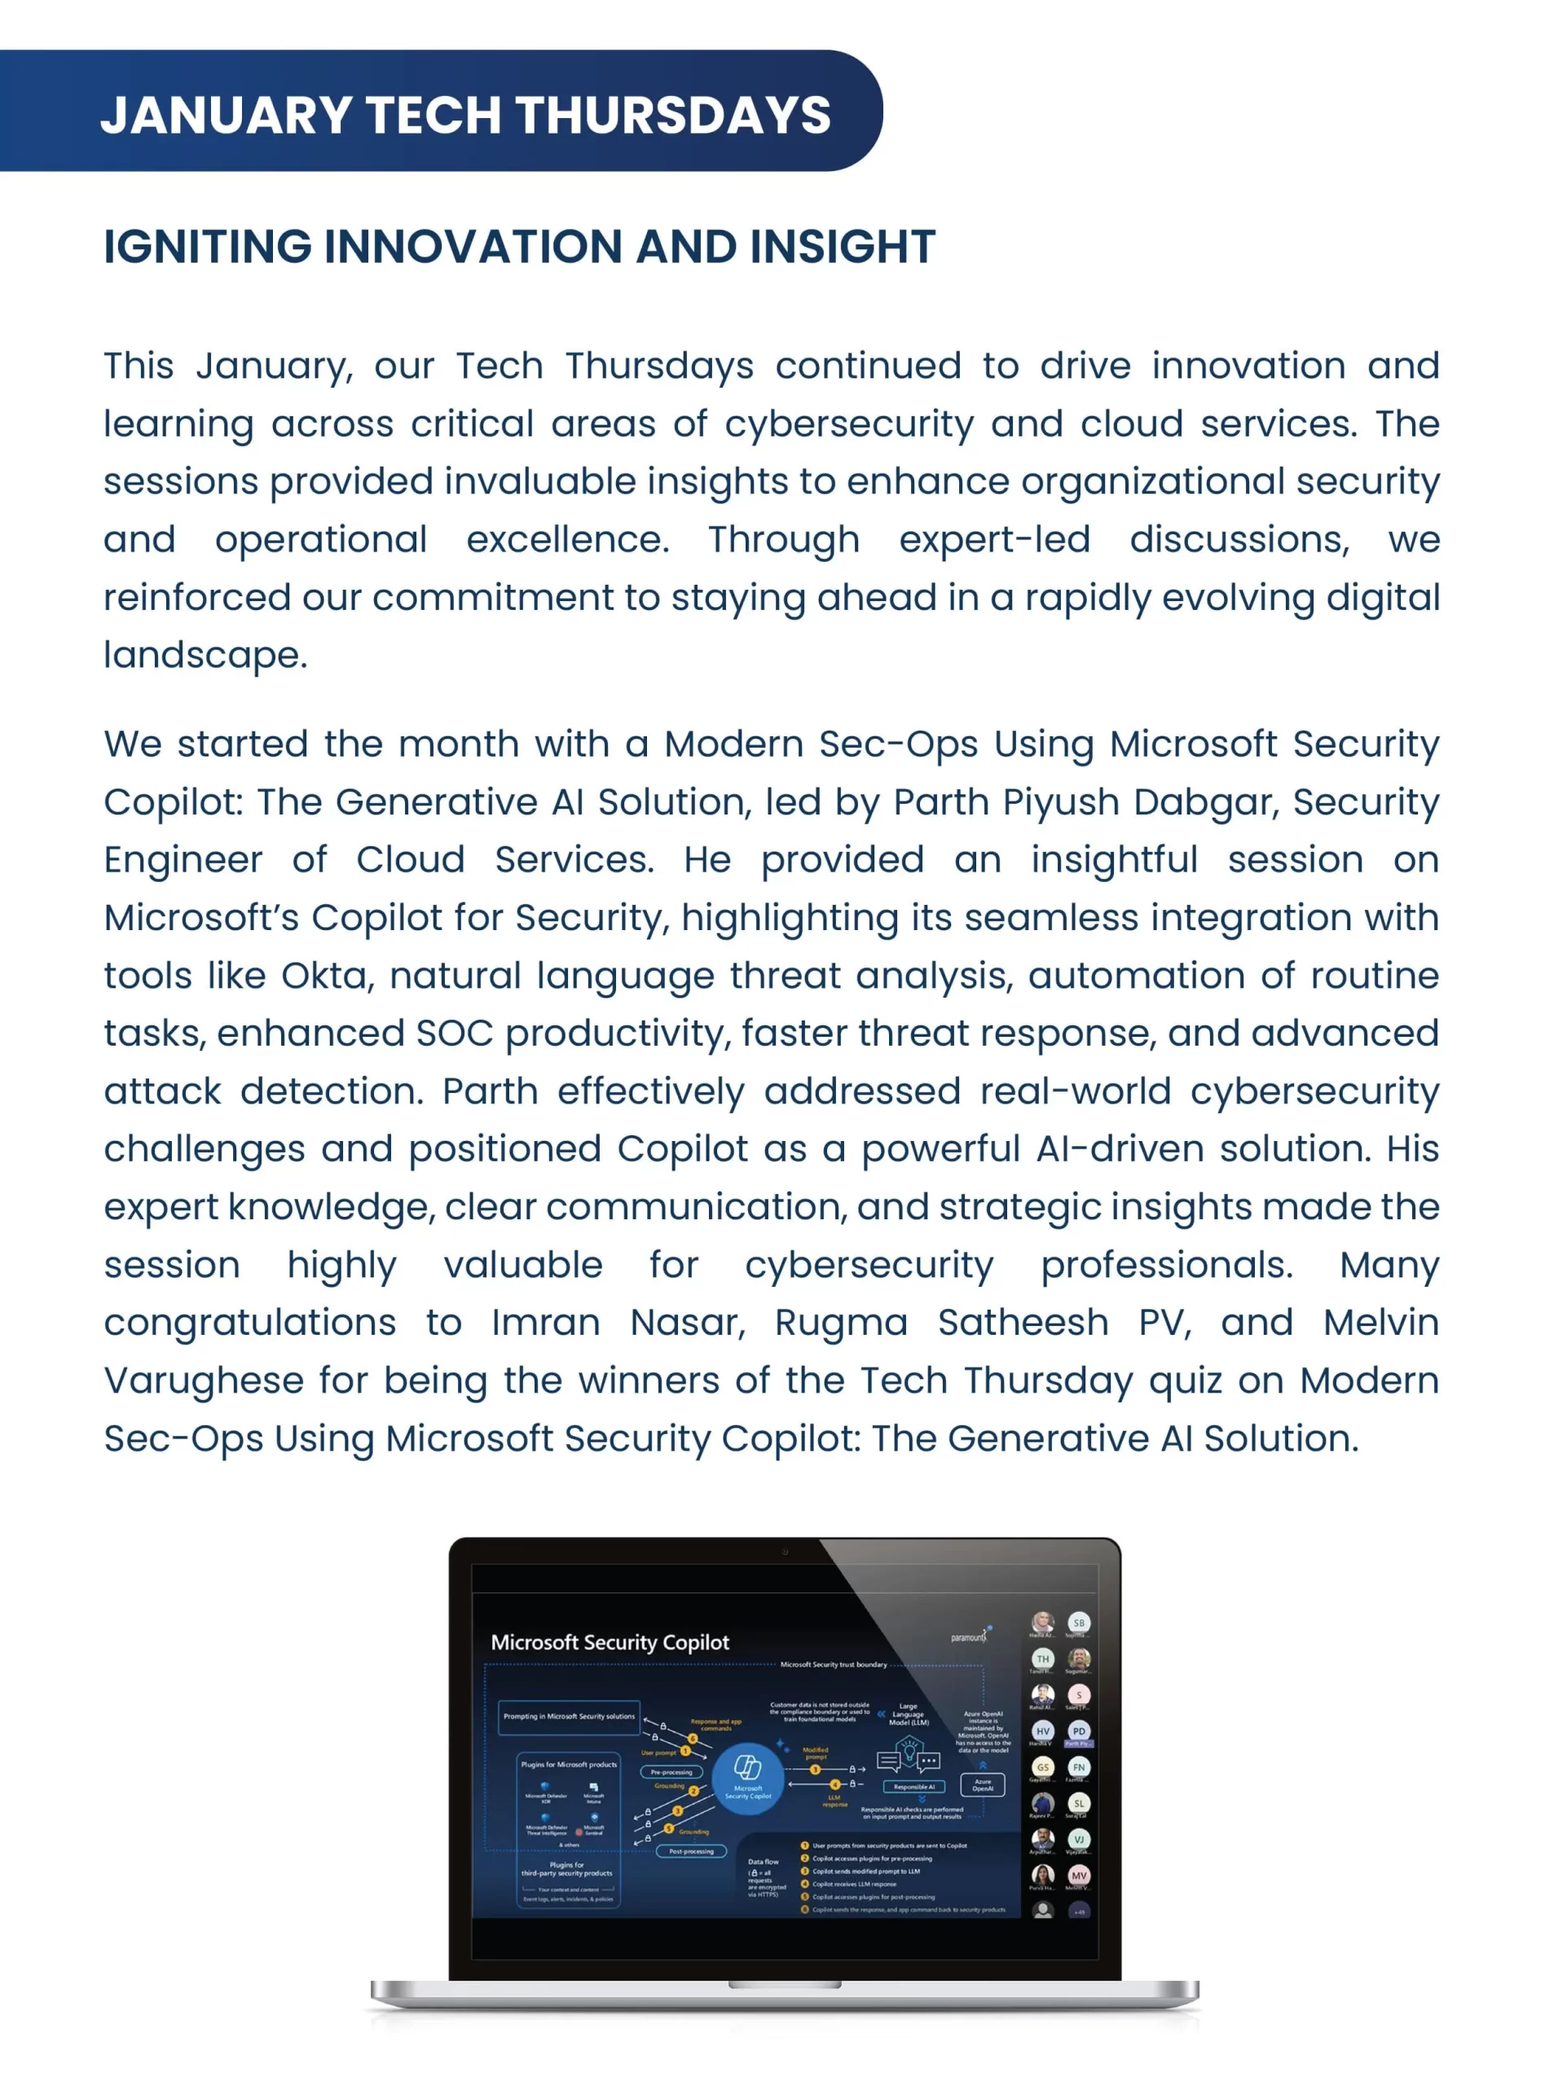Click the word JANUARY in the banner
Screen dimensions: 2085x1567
coord(226,115)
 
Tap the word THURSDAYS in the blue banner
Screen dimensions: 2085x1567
coord(672,115)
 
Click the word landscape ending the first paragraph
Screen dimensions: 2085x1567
coord(205,655)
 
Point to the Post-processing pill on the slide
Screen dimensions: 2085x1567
coord(691,1851)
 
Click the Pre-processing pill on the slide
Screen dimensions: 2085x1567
coord(671,1772)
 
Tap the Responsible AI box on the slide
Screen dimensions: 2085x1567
coord(913,1786)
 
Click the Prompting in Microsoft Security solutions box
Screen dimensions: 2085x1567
coord(569,1716)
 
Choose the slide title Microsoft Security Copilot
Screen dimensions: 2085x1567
coord(610,1643)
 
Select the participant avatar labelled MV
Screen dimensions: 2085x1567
coord(1079,1875)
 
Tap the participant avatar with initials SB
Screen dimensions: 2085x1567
coord(1079,1622)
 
